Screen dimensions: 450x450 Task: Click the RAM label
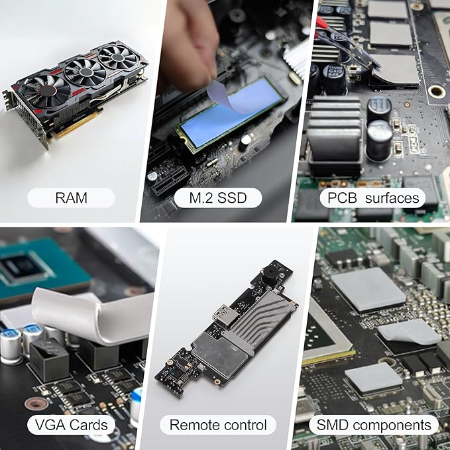point(71,197)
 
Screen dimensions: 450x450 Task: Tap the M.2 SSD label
point(218,197)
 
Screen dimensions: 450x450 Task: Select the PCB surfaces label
point(373,197)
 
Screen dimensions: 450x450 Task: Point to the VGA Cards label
point(71,425)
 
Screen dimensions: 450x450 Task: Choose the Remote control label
point(218,425)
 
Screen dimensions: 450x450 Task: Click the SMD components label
point(374,425)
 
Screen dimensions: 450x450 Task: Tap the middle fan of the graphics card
point(85,72)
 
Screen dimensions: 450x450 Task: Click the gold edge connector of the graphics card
point(77,124)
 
